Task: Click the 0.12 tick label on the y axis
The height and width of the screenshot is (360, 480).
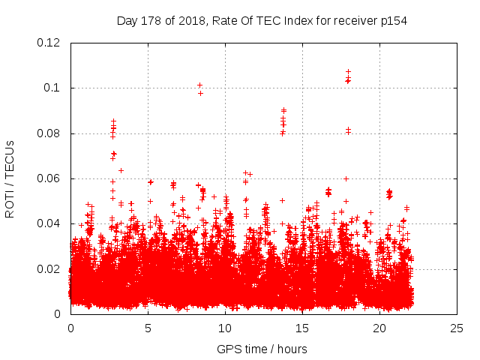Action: tap(49, 43)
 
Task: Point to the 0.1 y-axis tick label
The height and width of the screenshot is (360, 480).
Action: tap(54, 88)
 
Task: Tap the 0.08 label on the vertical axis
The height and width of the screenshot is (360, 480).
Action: tap(49, 133)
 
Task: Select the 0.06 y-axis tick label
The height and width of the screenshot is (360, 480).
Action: tap(49, 178)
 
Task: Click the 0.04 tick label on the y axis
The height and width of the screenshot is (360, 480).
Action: tap(49, 223)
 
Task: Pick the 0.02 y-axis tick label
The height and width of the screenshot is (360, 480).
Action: tap(49, 268)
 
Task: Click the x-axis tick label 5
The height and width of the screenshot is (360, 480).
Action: tap(148, 328)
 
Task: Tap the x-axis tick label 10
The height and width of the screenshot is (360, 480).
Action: tap(226, 328)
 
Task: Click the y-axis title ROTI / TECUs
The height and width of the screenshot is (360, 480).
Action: tap(10, 178)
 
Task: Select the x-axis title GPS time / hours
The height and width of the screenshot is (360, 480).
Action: tap(262, 349)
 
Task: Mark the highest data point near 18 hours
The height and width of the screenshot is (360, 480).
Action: tap(348, 72)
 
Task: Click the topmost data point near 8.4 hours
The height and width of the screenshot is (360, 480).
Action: tap(200, 85)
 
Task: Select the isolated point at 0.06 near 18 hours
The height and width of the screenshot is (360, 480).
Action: tap(346, 178)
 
